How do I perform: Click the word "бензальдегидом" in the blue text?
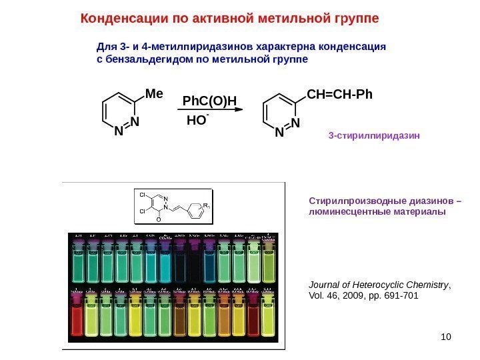tap(136, 59)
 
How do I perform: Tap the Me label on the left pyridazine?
tap(154, 95)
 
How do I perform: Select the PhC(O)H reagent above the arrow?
tap(210, 101)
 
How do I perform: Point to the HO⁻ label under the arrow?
tap(198, 121)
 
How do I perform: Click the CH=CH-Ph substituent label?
tap(339, 94)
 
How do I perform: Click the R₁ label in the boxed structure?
tap(207, 206)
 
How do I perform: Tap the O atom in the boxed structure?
tap(158, 219)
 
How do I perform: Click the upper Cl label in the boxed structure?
tap(143, 195)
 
